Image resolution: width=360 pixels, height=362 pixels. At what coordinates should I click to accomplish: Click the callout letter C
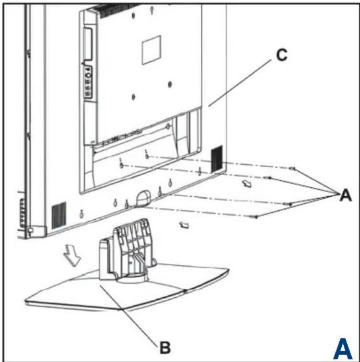click(x=281, y=56)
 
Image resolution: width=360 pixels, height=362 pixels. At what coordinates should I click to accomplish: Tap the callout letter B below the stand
click(x=164, y=347)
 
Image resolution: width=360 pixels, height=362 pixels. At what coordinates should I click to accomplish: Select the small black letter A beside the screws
click(x=345, y=195)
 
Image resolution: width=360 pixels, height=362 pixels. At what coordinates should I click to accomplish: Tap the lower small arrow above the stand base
click(x=183, y=224)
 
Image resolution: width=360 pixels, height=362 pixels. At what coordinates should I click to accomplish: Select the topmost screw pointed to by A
click(x=293, y=169)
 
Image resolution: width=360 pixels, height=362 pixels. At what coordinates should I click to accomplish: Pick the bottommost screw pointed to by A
click(x=257, y=217)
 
